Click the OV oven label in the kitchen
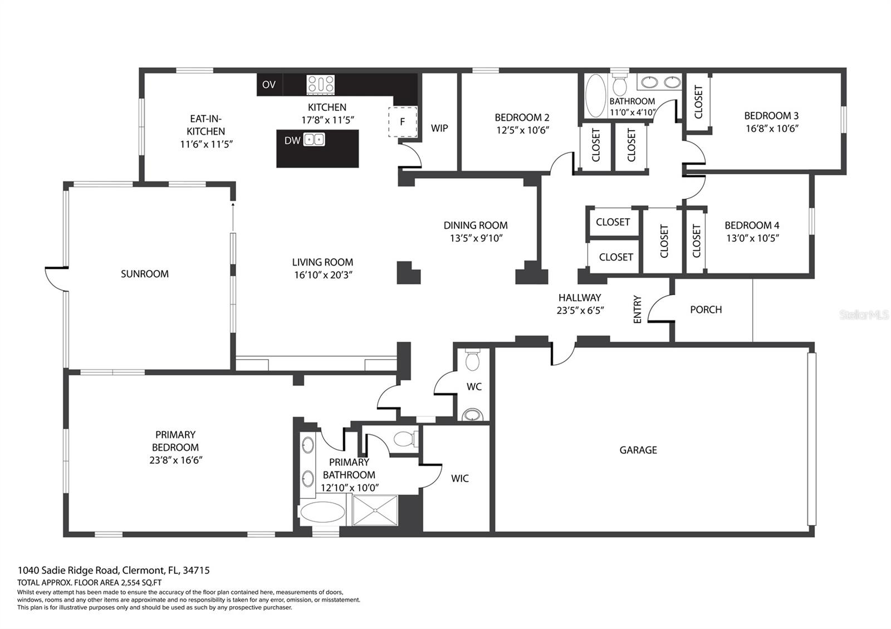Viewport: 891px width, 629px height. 269,84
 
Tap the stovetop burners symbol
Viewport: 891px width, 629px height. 321,85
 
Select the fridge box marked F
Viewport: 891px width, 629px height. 403,122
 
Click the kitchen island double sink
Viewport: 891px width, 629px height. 314,140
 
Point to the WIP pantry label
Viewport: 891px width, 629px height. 439,128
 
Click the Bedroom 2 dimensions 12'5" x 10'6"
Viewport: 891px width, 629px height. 523,130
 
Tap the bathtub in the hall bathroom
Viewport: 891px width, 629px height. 595,95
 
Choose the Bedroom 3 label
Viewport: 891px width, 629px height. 771,116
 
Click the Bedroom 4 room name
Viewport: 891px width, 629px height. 752,225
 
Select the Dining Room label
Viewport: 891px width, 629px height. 476,225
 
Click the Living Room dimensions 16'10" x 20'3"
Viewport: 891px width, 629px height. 324,275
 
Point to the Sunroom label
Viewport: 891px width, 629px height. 145,274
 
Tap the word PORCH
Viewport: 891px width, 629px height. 706,309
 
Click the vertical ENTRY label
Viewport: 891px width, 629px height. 637,309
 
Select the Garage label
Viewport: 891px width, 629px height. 638,450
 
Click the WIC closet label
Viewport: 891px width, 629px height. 460,478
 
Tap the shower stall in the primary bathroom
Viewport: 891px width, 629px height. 375,510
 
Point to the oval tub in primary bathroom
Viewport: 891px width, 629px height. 322,512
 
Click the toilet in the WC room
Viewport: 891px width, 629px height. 473,360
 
